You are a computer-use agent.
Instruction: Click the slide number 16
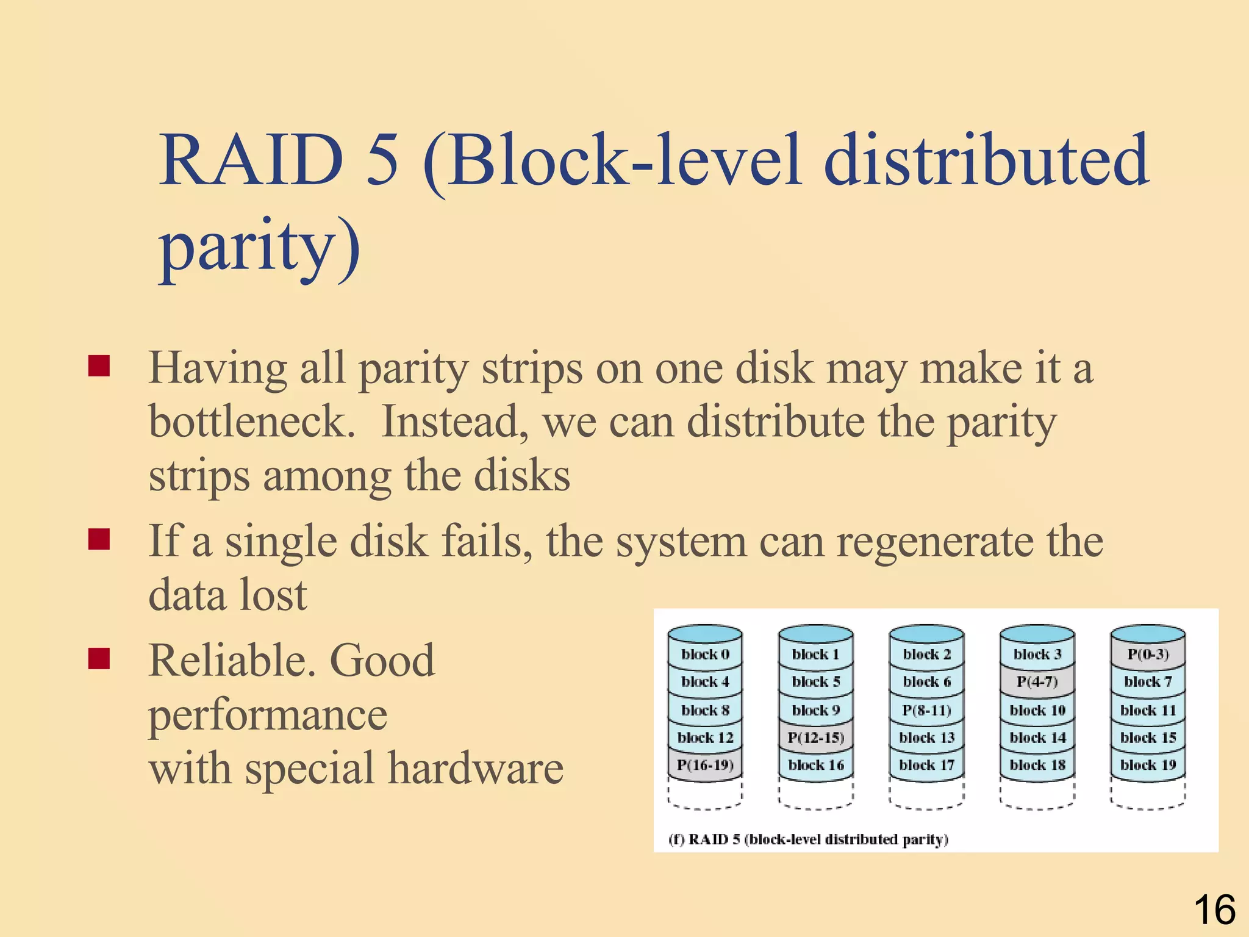[1214, 910]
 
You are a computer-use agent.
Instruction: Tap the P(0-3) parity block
[1148, 655]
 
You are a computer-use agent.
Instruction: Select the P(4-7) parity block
[1037, 681]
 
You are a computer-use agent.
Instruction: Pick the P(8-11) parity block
[926, 710]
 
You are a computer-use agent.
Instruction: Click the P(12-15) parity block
[815, 738]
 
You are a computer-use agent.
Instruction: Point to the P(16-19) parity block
[705, 765]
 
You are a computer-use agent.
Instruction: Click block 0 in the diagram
[705, 655]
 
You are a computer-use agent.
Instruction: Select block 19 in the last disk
[1148, 765]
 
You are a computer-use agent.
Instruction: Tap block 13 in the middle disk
[926, 738]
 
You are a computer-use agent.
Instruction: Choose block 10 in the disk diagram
[1037, 710]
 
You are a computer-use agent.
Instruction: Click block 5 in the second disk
[815, 681]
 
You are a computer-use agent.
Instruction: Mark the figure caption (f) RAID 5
[808, 839]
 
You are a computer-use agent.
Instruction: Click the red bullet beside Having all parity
[99, 367]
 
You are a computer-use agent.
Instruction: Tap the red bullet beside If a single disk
[99, 539]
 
